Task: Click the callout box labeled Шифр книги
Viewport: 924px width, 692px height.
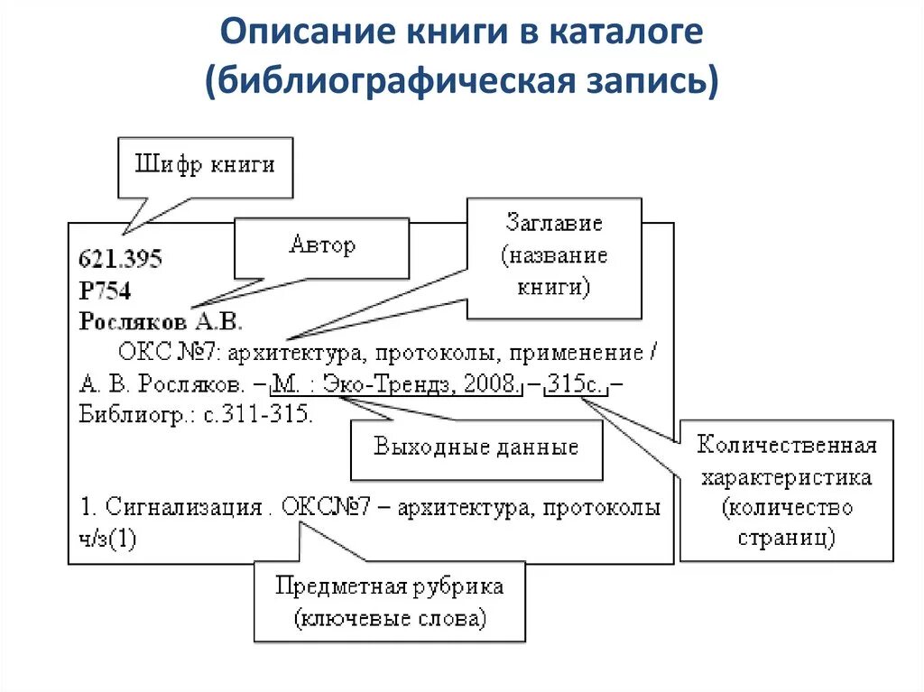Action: [205, 167]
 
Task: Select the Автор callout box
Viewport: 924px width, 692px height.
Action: [321, 245]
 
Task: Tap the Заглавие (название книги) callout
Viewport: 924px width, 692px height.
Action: [553, 256]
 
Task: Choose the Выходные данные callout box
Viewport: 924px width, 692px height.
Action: [476, 447]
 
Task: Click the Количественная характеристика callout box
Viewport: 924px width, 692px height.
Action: [786, 491]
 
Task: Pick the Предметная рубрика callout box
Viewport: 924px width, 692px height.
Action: [389, 602]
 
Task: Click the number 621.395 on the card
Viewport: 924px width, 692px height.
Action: [121, 260]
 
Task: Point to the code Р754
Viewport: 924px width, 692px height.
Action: [105, 291]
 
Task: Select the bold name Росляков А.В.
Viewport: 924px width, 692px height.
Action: [162, 321]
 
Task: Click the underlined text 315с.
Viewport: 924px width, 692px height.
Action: [576, 383]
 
